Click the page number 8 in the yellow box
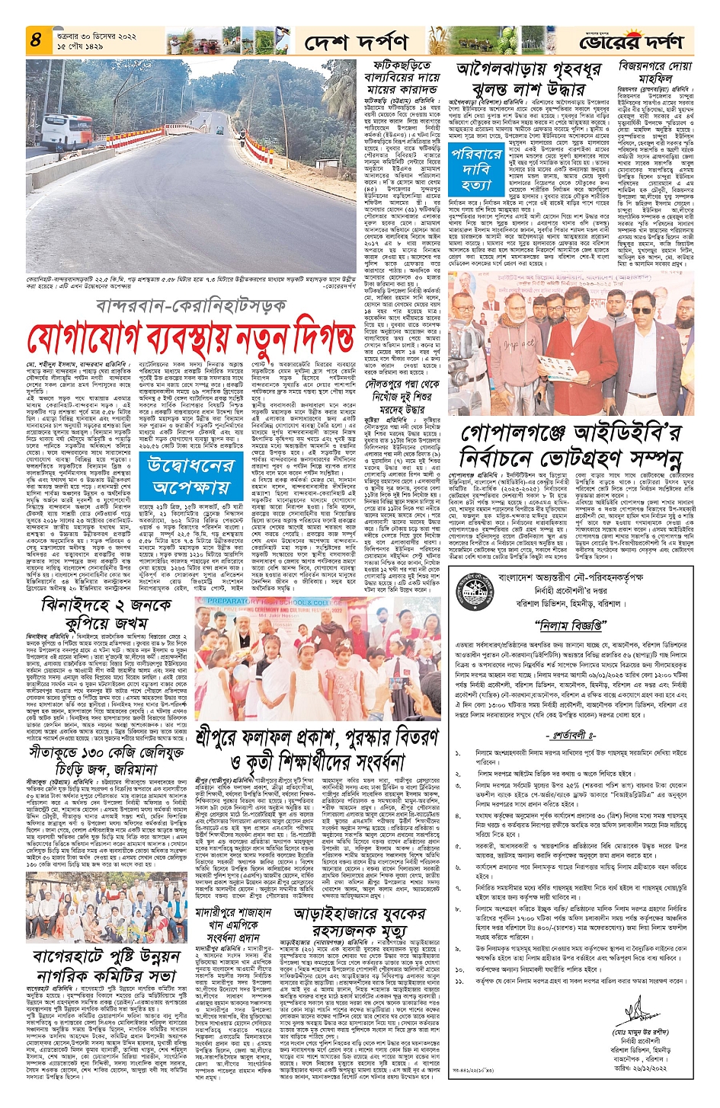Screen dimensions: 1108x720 [x=36, y=39]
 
